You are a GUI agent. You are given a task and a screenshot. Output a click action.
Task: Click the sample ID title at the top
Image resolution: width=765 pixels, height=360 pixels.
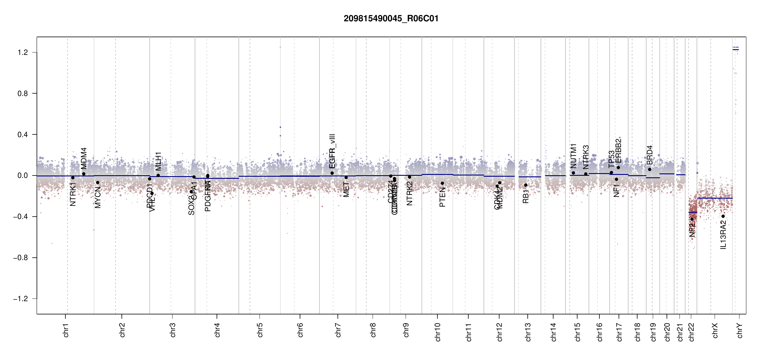coord(391,19)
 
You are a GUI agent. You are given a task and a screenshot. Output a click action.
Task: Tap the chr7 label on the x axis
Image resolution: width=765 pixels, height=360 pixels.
coord(338,330)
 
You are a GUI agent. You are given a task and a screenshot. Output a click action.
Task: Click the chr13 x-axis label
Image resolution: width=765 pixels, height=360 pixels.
coord(528,332)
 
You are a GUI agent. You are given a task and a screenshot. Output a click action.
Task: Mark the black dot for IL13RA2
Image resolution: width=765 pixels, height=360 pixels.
coord(723,216)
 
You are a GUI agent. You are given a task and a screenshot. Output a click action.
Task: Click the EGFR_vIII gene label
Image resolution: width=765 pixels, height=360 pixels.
coord(332,151)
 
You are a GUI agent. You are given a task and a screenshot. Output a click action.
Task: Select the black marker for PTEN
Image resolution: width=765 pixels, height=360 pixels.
coord(442,183)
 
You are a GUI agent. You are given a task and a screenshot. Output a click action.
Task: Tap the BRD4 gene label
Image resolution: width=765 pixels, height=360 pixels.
coord(649,155)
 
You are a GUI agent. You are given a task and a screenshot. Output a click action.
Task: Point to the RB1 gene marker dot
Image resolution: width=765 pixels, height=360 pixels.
coord(526,185)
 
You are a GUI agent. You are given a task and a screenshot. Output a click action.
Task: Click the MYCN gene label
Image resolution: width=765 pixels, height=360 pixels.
coord(98,197)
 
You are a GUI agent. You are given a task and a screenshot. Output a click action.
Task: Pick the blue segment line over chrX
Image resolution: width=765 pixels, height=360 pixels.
coord(715,198)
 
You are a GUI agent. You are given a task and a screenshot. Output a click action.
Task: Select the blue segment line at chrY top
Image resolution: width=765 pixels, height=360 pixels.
coord(736,49)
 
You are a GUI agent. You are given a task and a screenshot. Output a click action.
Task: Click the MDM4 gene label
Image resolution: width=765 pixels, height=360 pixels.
coord(84,158)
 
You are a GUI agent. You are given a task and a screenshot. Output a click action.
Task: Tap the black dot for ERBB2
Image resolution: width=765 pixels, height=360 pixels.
coord(618,167)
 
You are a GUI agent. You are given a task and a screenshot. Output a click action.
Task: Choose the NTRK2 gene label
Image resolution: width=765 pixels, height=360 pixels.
coord(409,193)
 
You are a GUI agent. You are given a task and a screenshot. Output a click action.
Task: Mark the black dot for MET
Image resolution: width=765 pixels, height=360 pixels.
coord(346,178)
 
